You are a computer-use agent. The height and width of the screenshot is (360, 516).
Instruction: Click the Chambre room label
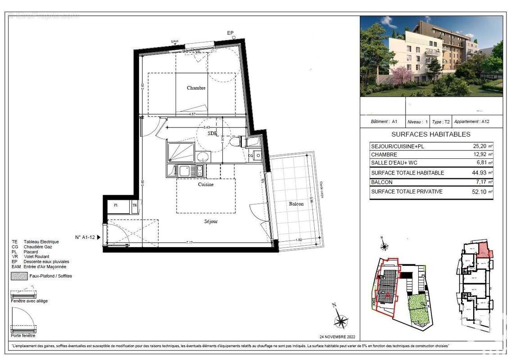coord(196,88)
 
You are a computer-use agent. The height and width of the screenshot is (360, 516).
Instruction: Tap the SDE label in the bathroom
coord(212,134)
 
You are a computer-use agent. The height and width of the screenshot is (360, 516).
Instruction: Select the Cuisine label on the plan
coord(205,184)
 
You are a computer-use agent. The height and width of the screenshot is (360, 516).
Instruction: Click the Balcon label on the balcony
coord(296,204)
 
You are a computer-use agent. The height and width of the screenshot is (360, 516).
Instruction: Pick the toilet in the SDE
coord(235,142)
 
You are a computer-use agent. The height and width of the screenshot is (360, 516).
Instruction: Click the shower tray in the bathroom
coord(180,152)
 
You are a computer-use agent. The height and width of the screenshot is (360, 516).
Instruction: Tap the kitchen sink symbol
coord(184,171)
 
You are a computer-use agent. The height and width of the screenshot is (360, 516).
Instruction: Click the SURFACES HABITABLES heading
coord(431,134)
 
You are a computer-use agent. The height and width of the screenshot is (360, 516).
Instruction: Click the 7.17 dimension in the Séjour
coord(189,243)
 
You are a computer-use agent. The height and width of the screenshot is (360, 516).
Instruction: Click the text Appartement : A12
coord(472,121)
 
